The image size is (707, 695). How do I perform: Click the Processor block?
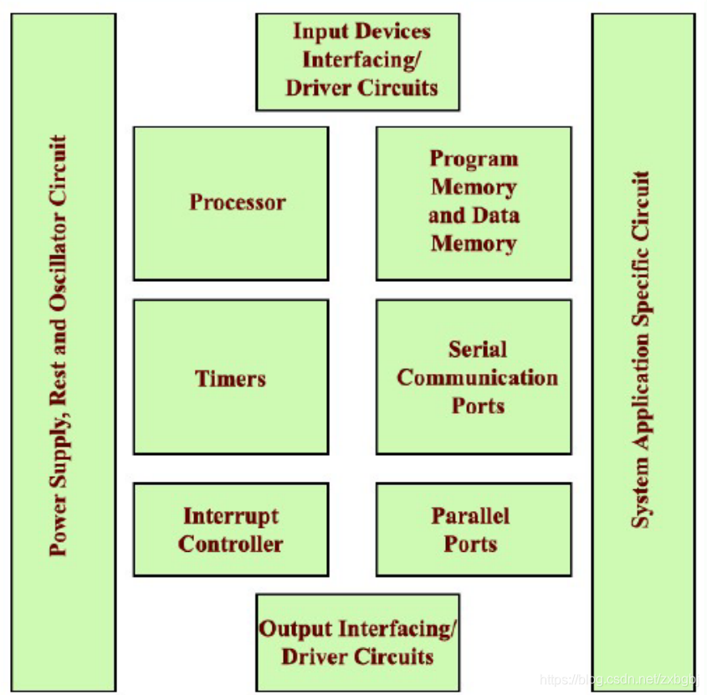(231, 203)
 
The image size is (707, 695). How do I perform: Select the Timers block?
(231, 377)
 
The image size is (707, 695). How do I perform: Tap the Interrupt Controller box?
(231, 529)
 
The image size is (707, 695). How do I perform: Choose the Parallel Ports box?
(474, 529)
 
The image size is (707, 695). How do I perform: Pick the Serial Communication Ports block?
(474, 377)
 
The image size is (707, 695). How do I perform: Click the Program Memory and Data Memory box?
(474, 203)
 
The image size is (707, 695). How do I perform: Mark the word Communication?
(477, 377)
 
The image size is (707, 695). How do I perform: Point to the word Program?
(474, 159)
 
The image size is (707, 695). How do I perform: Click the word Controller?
(231, 544)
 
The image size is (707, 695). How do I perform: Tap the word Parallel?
(470, 515)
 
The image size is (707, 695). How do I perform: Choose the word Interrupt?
(231, 515)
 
